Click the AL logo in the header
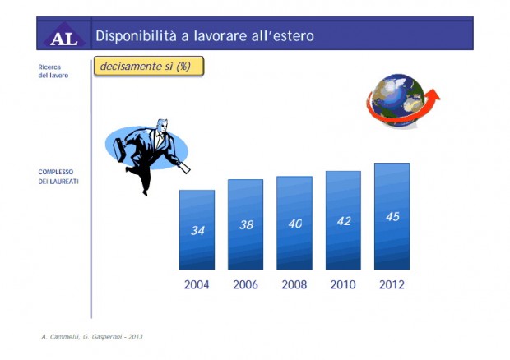(64, 35)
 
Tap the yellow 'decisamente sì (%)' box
(149, 67)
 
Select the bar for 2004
(197, 229)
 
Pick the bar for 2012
(392, 216)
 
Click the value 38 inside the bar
(246, 225)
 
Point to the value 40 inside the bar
(295, 224)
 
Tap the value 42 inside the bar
(344, 221)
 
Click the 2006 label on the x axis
(245, 285)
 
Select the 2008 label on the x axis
(294, 285)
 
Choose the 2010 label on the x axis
(343, 285)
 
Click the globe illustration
(397, 100)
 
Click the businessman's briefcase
(120, 149)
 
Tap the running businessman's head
(162, 125)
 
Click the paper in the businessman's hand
(184, 168)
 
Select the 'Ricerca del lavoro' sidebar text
(53, 72)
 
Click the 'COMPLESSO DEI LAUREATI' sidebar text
(58, 177)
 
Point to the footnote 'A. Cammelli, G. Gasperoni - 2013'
(92, 337)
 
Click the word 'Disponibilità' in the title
(137, 35)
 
